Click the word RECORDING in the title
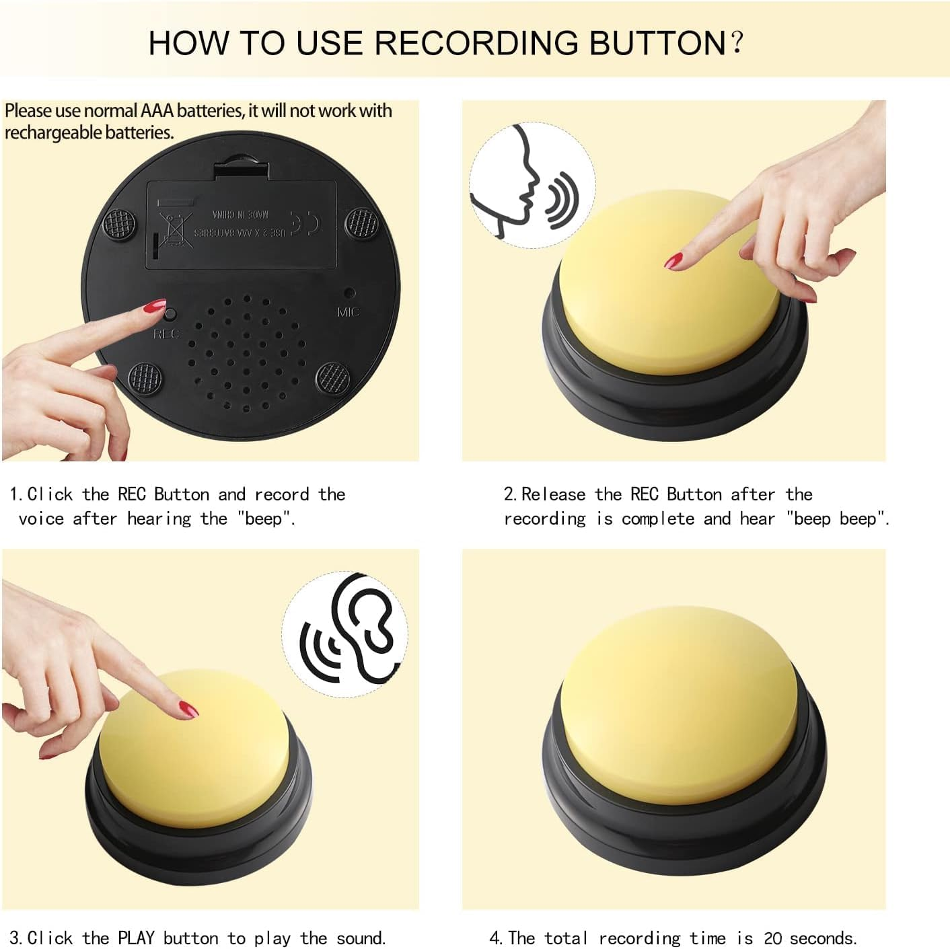pos(476,42)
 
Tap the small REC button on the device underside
pos(170,314)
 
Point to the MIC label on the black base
pos(348,312)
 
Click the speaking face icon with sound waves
pos(531,185)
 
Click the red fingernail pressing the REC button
pos(154,307)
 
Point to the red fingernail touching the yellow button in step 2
pos(673,260)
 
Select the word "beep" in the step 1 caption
pos(266,519)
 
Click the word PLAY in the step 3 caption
pos(137,938)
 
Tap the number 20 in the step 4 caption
pos(772,938)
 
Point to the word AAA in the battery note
pos(157,110)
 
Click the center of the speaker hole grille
pos(246,352)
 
